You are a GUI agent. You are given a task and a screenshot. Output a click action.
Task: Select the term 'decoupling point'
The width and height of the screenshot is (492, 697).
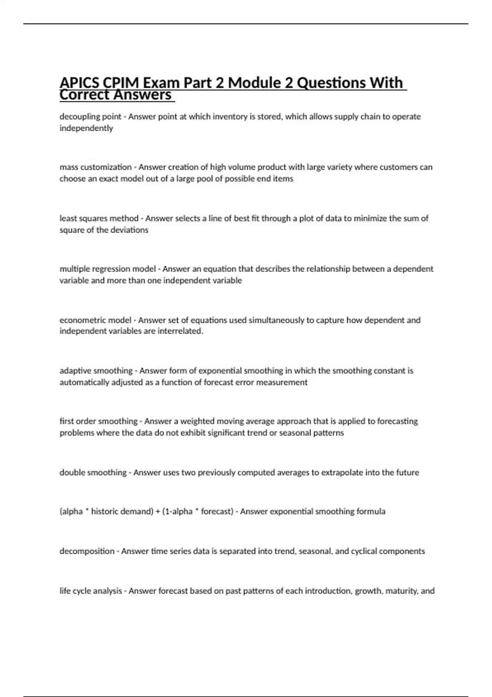coord(90,116)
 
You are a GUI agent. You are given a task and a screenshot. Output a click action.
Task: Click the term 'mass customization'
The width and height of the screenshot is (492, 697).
coord(96,167)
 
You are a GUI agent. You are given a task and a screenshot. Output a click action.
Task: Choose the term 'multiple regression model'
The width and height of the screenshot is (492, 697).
coord(107,269)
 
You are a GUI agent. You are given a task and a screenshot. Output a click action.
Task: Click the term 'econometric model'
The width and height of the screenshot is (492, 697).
coord(96,320)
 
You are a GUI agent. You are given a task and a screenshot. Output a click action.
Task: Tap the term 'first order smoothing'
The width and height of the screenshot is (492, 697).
coord(98,421)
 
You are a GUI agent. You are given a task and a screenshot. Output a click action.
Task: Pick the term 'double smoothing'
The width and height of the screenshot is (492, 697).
coord(93,472)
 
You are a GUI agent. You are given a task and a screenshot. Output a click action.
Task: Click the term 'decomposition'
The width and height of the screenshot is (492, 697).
coord(87,551)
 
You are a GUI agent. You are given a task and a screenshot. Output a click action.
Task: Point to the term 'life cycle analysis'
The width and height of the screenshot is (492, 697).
coord(91,591)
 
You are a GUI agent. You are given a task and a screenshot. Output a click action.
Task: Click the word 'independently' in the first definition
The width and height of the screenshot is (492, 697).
coord(86,128)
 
